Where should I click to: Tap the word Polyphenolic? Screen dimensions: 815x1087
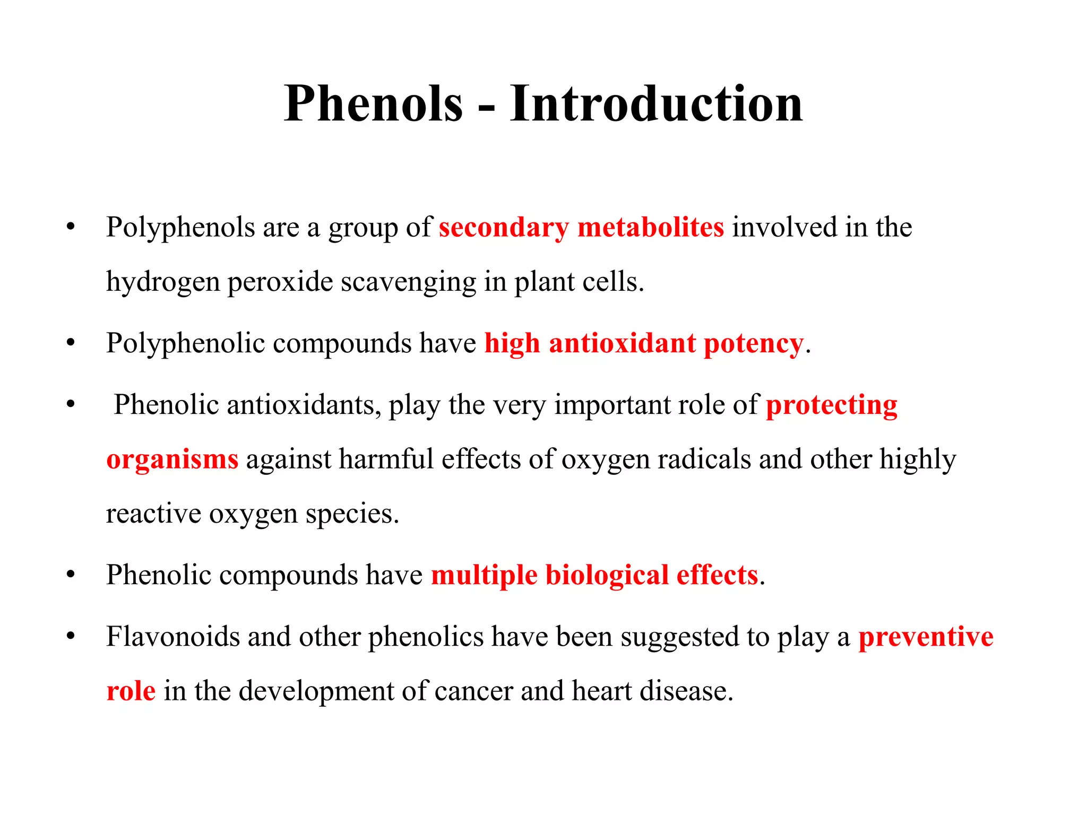coord(185,344)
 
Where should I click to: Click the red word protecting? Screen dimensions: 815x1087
coord(832,406)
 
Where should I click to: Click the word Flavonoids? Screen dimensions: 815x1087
coord(173,637)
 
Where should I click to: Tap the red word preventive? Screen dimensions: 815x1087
coord(926,637)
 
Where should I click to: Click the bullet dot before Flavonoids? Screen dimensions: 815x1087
coord(71,636)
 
